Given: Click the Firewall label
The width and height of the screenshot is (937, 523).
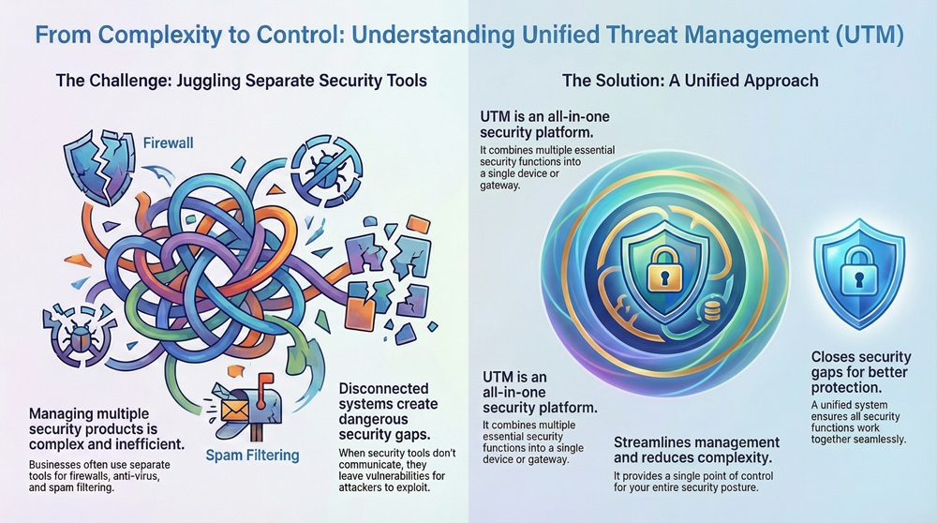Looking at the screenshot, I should click(x=168, y=144).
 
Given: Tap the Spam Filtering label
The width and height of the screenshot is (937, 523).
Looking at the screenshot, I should click(x=251, y=456).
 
